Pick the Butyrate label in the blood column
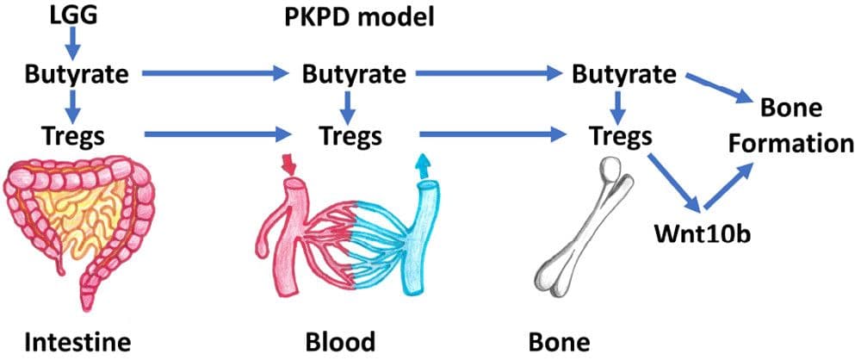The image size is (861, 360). click(354, 74)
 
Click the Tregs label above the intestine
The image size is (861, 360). click(72, 134)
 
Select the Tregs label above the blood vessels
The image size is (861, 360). click(350, 134)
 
